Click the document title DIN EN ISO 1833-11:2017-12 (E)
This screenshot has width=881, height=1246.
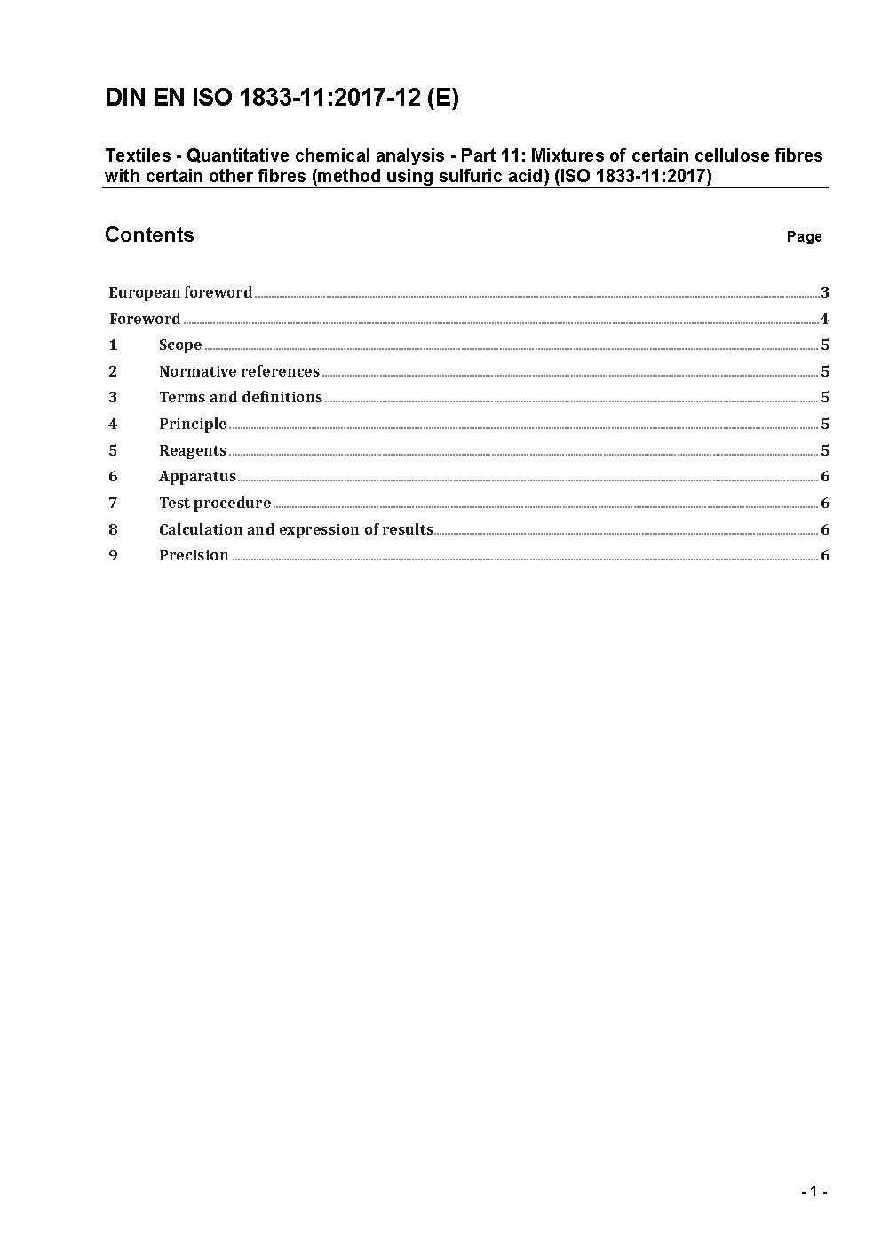pos(282,99)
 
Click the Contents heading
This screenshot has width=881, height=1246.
pos(149,234)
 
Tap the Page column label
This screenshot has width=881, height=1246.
pos(804,236)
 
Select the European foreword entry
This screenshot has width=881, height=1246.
pos(180,292)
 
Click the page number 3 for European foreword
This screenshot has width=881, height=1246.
pos(825,292)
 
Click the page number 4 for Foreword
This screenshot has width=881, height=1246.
pos(825,319)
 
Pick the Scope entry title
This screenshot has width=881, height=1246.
pos(180,345)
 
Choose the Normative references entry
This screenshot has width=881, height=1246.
pos(239,371)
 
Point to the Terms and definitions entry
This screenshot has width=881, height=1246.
pos(241,397)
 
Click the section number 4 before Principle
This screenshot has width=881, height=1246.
pos(113,424)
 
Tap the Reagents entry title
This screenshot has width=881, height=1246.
pos(193,450)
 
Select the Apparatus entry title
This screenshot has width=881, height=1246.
pos(197,476)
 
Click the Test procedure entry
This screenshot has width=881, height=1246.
pos(215,503)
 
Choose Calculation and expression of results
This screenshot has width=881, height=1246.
pos(296,529)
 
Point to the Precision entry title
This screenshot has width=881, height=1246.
pos(194,555)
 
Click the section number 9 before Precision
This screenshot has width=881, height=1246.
pos(113,555)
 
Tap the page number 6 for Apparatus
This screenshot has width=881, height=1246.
pos(825,476)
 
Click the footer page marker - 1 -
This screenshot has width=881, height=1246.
pos(814,1192)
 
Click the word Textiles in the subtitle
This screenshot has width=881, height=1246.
pos(138,155)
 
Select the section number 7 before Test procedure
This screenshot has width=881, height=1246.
pos(113,503)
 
